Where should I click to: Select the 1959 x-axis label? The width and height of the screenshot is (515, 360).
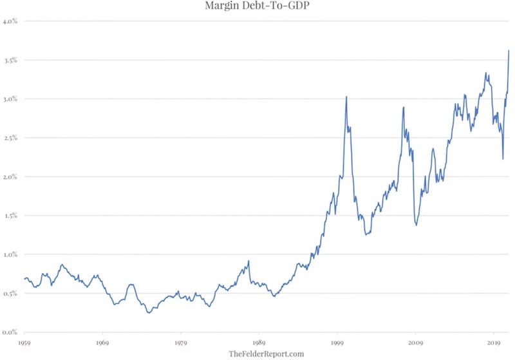24,343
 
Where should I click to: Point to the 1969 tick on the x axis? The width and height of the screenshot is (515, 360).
102,343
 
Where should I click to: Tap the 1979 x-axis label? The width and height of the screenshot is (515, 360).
181,343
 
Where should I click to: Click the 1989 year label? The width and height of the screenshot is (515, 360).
259,343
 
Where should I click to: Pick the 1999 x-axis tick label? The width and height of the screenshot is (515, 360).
337,343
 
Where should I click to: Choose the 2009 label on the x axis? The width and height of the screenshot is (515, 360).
415,343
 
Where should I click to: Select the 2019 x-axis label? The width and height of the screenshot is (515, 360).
493,343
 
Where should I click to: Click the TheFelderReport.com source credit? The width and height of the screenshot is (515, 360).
266,354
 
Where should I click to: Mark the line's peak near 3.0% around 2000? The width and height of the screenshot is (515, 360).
346,97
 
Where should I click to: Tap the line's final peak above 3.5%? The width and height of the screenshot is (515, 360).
509,50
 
